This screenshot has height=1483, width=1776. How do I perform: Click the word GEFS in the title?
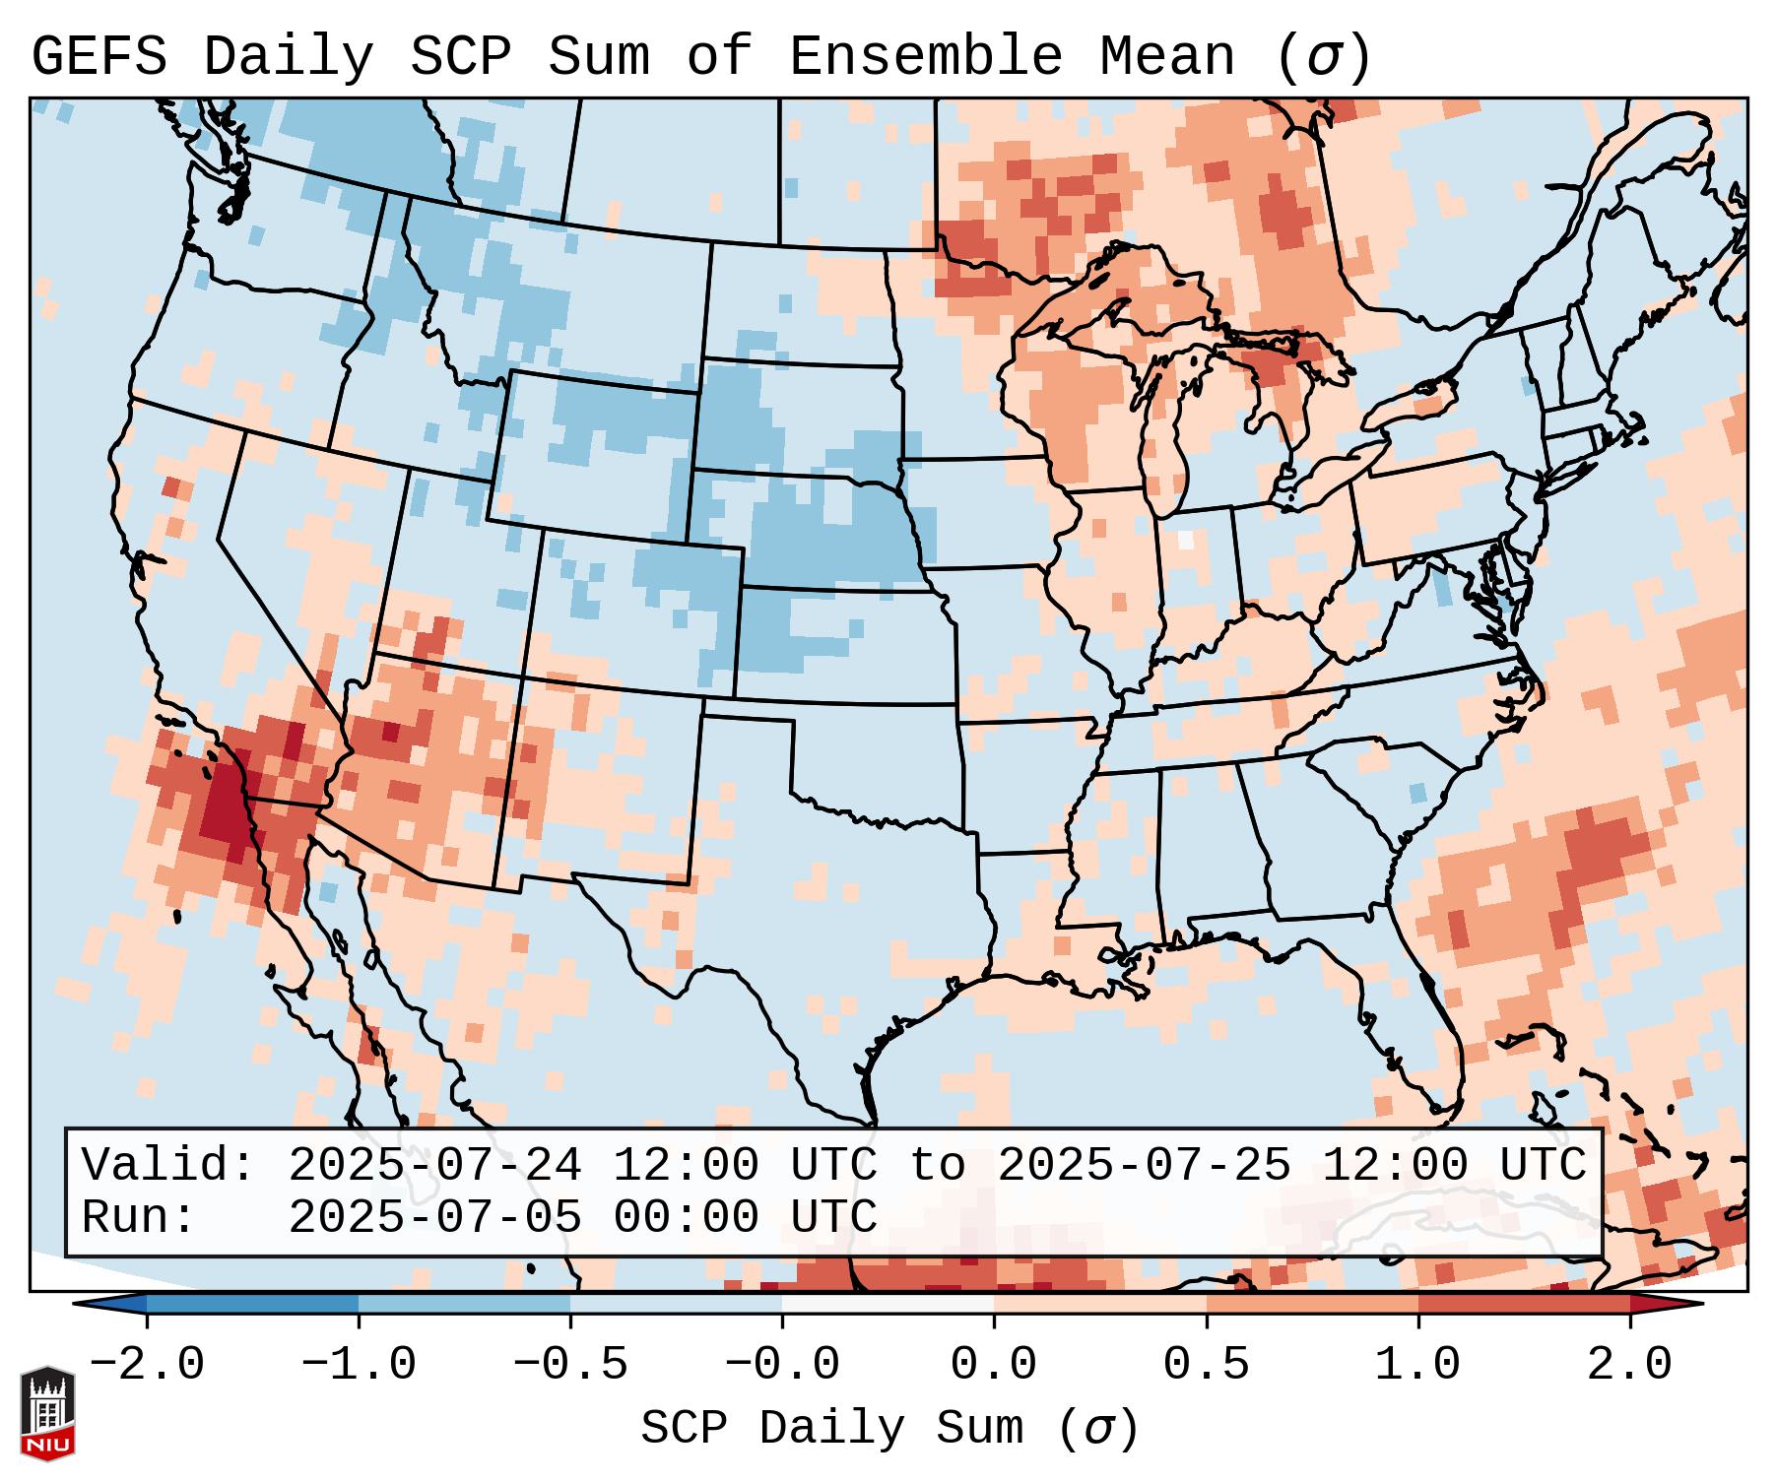(x=99, y=57)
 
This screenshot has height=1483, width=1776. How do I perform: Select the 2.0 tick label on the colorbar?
(x=1629, y=1365)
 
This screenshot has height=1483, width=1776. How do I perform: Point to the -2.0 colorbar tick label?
(x=147, y=1365)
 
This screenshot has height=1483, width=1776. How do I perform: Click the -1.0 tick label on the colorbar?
(x=359, y=1365)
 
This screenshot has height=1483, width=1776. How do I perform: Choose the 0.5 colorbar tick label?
(x=1206, y=1365)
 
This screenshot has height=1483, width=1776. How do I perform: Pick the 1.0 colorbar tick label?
(x=1417, y=1365)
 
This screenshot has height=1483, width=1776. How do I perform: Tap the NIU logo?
(x=47, y=1413)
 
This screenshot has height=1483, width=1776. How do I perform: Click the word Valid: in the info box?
(x=168, y=1166)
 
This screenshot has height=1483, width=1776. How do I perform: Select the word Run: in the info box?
(x=139, y=1218)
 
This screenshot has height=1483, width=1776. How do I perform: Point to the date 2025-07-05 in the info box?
(x=434, y=1218)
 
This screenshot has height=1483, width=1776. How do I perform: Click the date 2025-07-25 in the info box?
(x=1144, y=1166)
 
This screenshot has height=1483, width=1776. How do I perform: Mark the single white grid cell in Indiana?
(x=1186, y=540)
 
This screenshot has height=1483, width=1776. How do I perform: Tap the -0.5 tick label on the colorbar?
(x=570, y=1365)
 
